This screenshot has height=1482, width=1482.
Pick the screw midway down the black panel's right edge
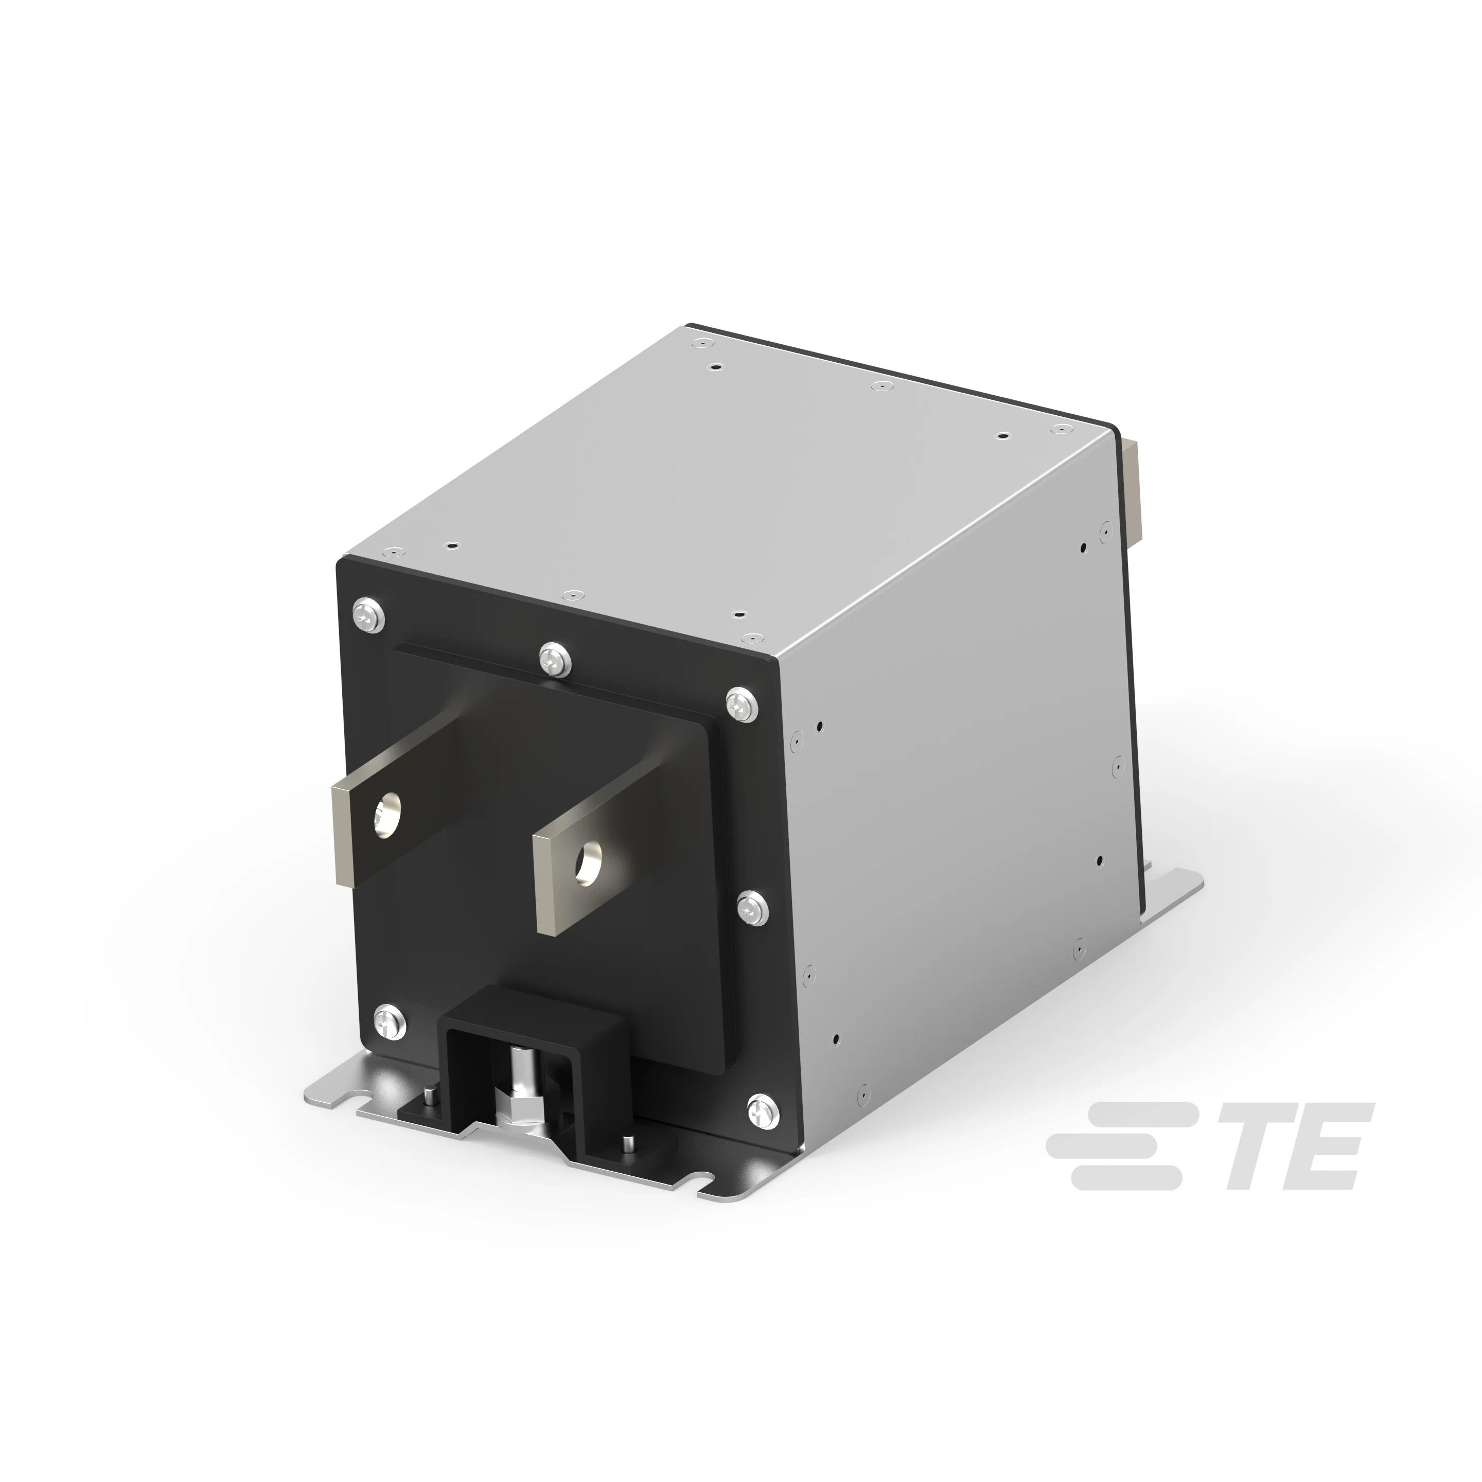coord(752,908)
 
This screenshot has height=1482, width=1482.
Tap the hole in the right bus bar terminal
coord(591,861)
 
